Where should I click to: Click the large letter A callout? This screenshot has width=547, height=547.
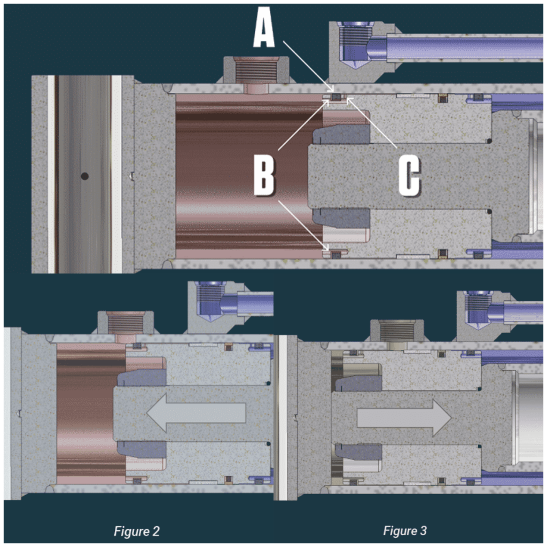pos(264,28)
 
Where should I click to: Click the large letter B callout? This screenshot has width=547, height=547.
pos(264,175)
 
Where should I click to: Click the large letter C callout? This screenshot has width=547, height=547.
pos(410,175)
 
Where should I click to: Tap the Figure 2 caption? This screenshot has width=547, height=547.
pos(136,531)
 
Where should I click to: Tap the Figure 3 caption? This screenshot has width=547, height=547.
pos(405,530)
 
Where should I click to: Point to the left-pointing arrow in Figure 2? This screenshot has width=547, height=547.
pos(196,413)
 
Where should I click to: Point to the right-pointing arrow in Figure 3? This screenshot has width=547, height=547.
pos(404,418)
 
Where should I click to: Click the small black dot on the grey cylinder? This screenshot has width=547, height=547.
pos(84,176)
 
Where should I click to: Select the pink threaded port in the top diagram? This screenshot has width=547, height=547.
pos(256,75)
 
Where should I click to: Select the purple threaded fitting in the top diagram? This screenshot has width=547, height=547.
pos(356,44)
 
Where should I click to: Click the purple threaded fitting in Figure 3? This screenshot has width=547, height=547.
pos(479,309)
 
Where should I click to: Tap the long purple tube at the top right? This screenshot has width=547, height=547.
pos(465,48)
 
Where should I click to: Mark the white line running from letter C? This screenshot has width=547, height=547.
pos(372,123)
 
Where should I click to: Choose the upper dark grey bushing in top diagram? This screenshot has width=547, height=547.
pos(341,135)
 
